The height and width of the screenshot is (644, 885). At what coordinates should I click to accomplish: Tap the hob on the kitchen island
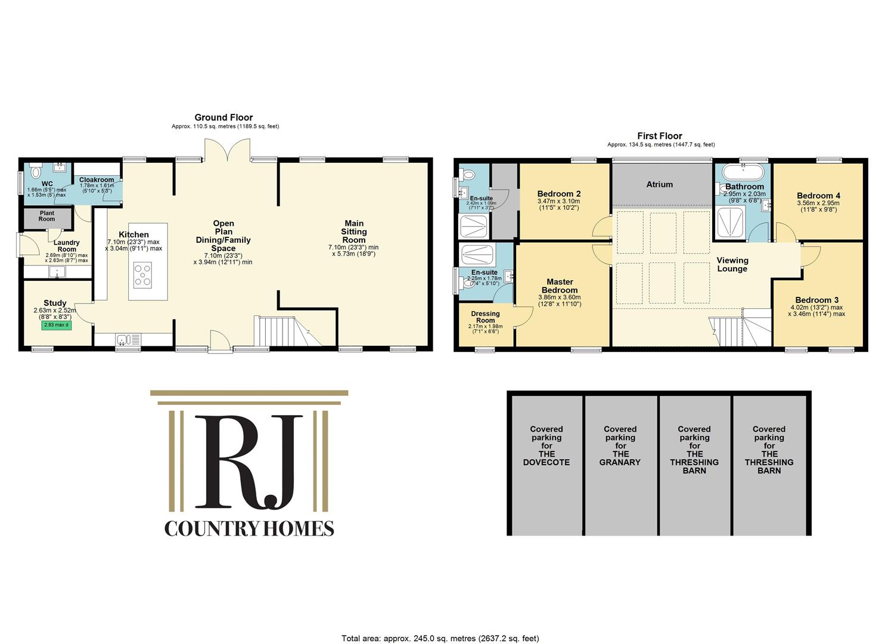(143, 275)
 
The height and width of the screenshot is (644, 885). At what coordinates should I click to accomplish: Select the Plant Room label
(46, 216)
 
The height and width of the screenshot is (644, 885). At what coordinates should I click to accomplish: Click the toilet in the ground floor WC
(35, 172)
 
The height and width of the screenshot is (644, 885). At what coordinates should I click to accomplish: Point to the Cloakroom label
(97, 179)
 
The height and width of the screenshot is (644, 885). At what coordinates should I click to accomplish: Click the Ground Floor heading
(223, 117)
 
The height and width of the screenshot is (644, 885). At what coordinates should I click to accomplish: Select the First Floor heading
(660, 136)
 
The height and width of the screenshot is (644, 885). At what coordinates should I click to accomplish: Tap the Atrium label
(659, 184)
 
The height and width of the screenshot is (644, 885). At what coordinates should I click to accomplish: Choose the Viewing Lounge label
(732, 264)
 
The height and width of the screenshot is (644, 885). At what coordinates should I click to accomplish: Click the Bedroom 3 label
(816, 300)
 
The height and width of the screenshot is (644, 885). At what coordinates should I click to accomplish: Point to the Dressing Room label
(485, 317)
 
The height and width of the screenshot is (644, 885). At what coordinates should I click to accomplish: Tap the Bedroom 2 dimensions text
(558, 205)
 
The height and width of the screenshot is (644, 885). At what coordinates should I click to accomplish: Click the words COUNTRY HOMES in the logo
(249, 528)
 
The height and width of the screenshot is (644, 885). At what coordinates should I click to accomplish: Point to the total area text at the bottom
(440, 638)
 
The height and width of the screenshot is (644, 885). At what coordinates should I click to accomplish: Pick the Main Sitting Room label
(353, 232)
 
